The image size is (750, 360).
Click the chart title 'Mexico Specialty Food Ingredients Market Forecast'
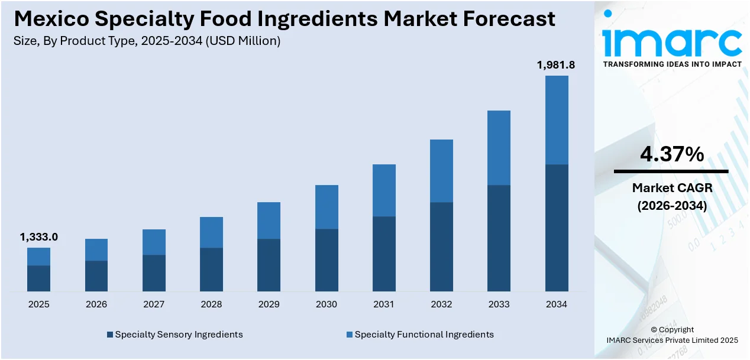pos(285,19)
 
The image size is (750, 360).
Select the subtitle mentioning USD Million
pos(146,41)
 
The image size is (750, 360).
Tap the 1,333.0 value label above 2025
pos(39,237)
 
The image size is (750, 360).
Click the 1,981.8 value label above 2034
pos(556,65)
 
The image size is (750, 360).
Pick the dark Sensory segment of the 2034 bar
pos(557,228)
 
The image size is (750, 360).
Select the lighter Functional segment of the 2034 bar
pos(557,120)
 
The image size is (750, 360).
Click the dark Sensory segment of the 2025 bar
pos(39,278)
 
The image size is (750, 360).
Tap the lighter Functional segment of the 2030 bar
pos(326,207)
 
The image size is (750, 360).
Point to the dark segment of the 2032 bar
pos(441,247)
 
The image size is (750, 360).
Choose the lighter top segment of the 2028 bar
pos(212,232)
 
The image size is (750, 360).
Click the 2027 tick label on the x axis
pos(154,304)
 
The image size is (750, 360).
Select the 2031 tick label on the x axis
pos(384,304)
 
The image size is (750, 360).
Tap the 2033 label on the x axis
pos(499,304)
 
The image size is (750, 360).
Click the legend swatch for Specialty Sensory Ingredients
pos(110,335)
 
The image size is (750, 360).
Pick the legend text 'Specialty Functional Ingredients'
pos(424,335)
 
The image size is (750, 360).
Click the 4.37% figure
pos(672,155)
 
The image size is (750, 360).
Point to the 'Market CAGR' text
pos(672,188)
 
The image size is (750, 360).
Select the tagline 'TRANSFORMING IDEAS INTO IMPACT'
pos(672,64)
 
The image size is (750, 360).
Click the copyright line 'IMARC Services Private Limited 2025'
pos(672,340)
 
